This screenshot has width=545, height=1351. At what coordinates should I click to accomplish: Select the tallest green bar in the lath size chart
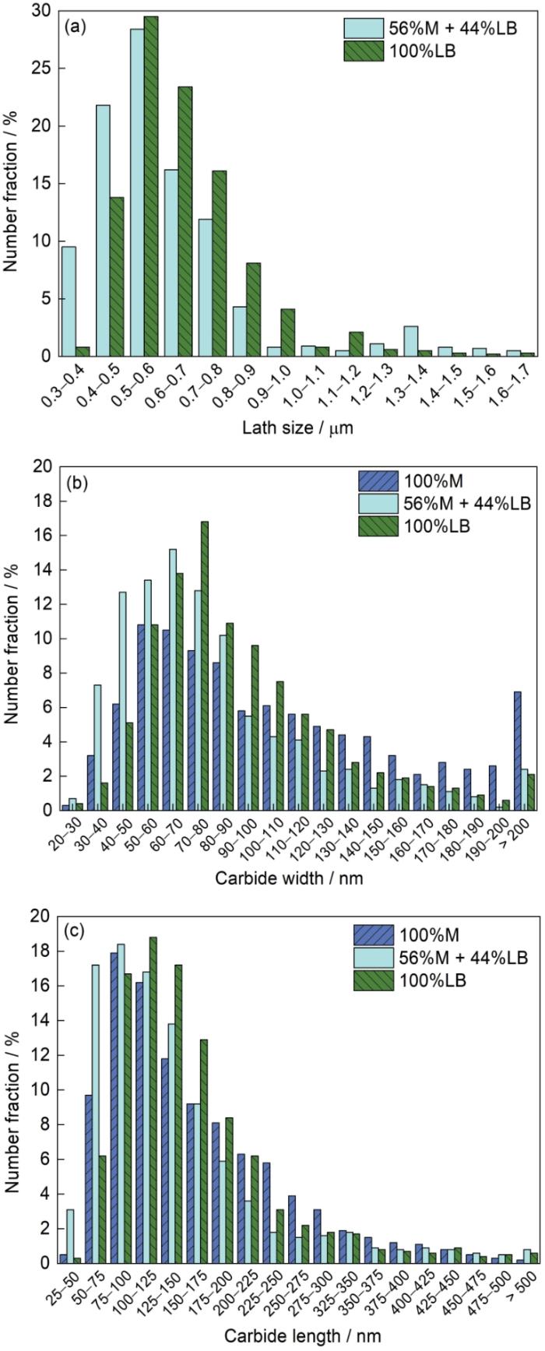click(151, 187)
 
